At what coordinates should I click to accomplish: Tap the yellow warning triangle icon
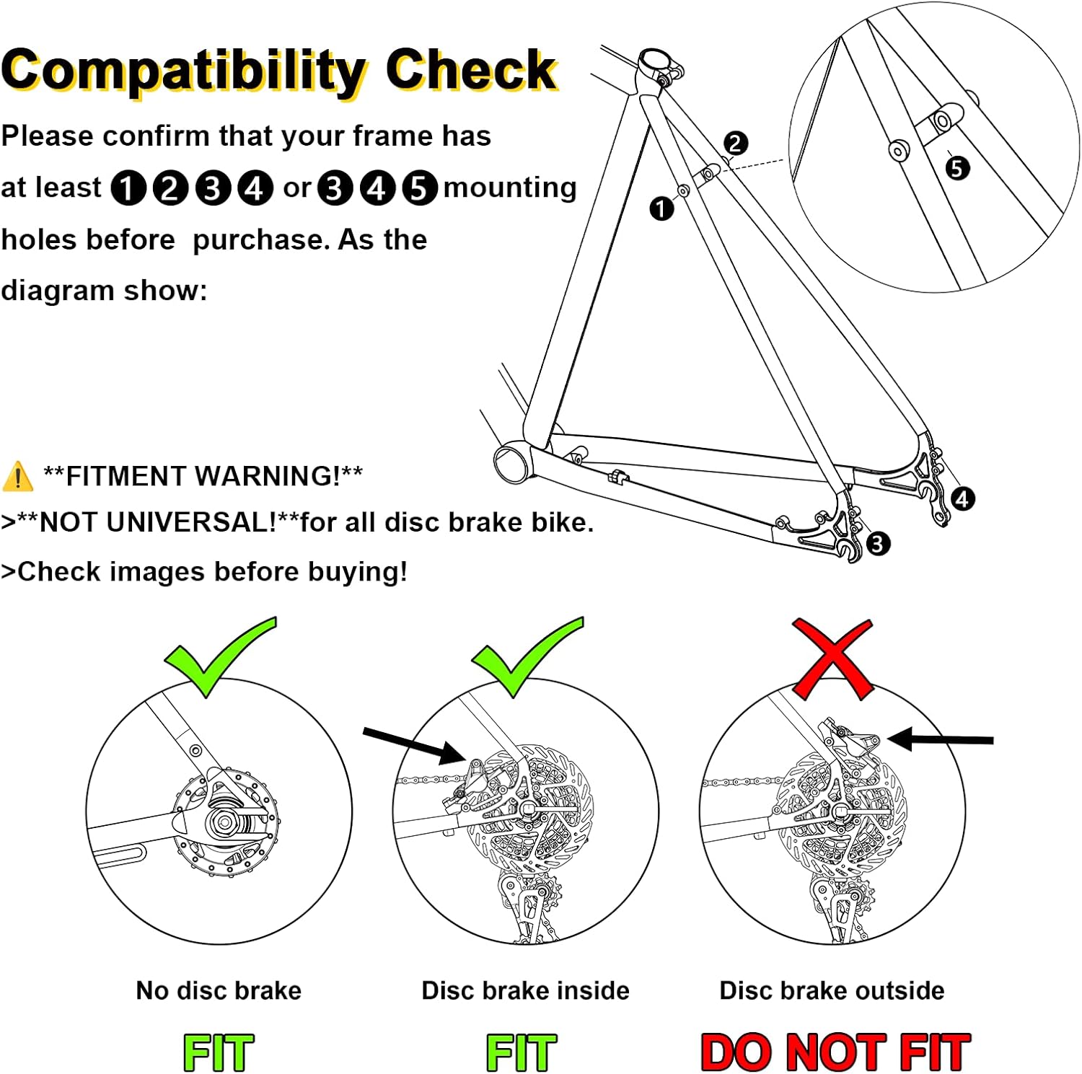pyautogui.click(x=17, y=477)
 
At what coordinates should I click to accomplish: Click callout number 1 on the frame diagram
pyautogui.click(x=661, y=209)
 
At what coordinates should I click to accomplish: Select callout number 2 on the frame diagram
pyautogui.click(x=734, y=144)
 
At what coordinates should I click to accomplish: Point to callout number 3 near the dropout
pyautogui.click(x=876, y=544)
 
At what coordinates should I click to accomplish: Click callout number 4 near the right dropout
pyautogui.click(x=962, y=499)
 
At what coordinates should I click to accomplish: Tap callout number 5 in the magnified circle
pyautogui.click(x=956, y=168)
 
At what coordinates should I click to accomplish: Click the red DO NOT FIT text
pyautogui.click(x=835, y=1052)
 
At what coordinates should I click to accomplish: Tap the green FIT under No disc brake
pyautogui.click(x=219, y=1052)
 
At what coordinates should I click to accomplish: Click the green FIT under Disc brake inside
pyautogui.click(x=522, y=1052)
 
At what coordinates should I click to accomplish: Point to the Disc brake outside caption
pyautogui.click(x=832, y=990)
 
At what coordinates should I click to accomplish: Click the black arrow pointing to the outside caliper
pyautogui.click(x=941, y=739)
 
